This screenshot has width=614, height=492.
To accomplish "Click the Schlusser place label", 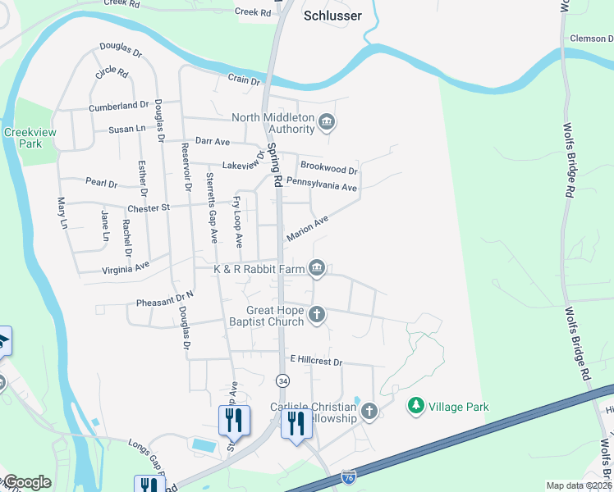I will click(x=332, y=15).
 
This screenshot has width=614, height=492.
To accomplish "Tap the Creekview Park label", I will click(x=23, y=138).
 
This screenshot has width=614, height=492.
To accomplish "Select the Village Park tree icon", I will click(x=416, y=406).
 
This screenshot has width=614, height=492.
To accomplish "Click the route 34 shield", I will click(x=282, y=381).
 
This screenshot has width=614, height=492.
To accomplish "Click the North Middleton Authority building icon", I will click(x=327, y=123).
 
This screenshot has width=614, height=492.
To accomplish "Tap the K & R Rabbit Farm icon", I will click(x=317, y=268).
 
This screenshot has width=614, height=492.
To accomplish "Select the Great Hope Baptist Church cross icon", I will click(x=317, y=314).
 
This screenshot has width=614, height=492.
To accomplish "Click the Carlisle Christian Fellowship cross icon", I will click(x=369, y=411).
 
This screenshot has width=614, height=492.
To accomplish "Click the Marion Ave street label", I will click(x=307, y=229).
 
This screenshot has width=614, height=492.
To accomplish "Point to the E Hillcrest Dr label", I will click(x=315, y=361).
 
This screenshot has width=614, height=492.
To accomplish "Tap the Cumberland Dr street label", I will click(x=118, y=106).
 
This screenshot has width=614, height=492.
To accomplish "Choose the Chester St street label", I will click(x=148, y=207).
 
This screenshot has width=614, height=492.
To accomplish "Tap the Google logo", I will click(x=27, y=482).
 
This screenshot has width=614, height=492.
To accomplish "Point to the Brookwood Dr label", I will click(x=328, y=171).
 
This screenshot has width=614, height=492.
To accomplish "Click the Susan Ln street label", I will click(x=127, y=129).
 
